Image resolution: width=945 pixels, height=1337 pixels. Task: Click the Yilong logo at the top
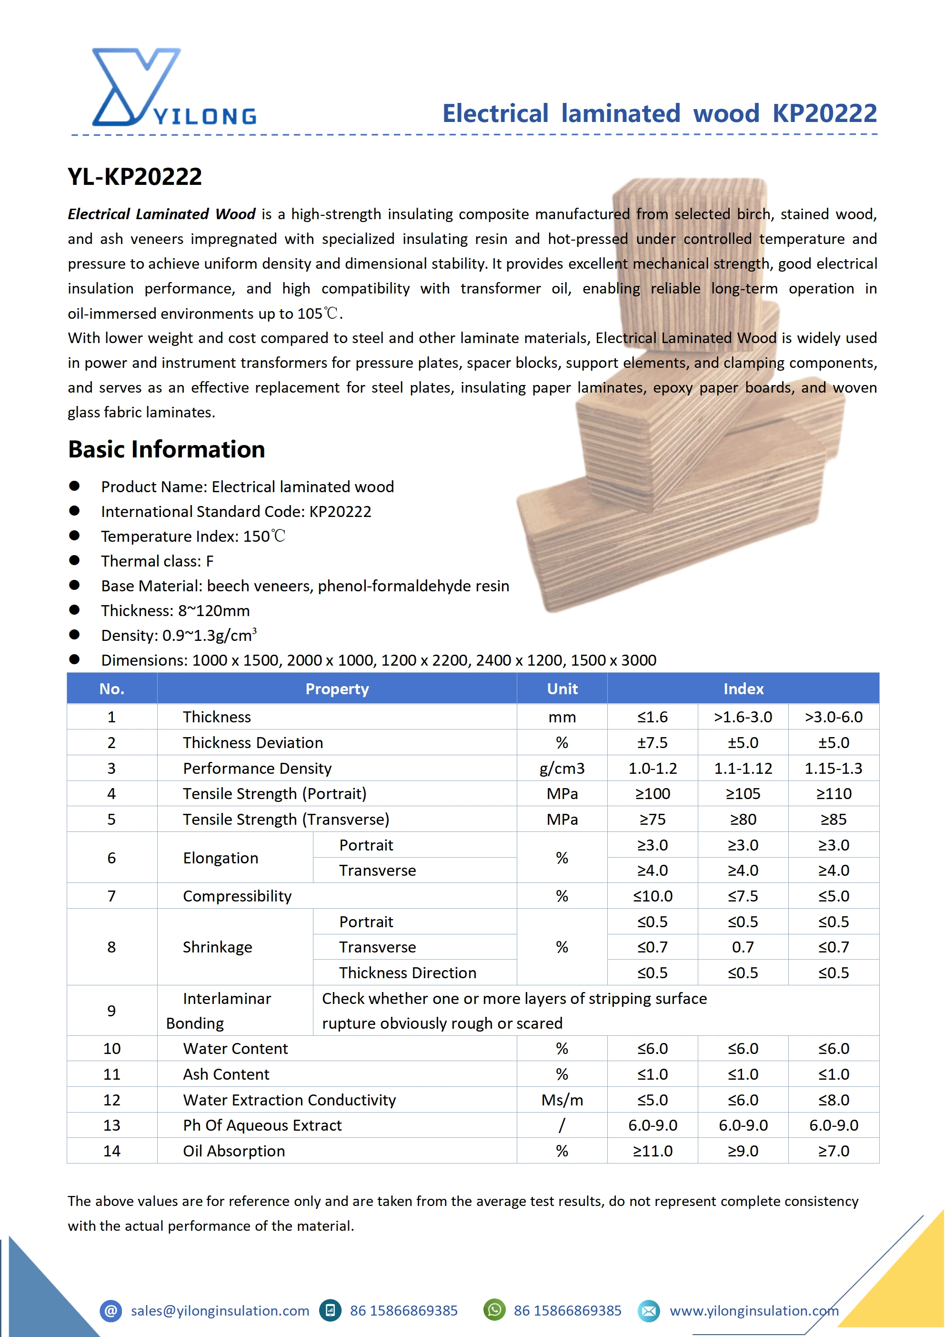[173, 87]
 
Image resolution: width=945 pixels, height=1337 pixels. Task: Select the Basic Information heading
[167, 449]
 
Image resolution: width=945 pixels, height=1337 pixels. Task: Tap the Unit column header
[562, 689]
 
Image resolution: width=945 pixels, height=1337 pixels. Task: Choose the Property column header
[337, 689]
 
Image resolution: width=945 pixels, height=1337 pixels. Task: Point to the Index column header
[743, 689]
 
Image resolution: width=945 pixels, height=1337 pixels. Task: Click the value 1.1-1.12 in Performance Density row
[743, 768]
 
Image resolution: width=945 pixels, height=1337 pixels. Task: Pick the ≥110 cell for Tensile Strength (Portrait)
[833, 794]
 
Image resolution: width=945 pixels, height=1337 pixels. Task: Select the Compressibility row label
[237, 896]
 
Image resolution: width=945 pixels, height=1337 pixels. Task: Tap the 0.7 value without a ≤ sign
[743, 947]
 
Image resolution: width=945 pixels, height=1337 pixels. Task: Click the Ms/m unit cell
[562, 1100]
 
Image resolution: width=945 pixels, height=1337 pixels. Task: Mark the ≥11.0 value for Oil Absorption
[652, 1151]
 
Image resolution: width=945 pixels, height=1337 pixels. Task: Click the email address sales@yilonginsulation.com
[220, 1311]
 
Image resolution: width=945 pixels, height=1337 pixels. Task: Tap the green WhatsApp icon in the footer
[494, 1310]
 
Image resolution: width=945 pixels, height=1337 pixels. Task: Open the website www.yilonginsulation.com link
[754, 1311]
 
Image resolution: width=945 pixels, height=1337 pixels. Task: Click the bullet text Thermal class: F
[157, 561]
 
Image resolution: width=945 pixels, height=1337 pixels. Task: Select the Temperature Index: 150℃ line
[193, 537]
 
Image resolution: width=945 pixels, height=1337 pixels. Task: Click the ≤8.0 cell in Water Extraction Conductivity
[833, 1100]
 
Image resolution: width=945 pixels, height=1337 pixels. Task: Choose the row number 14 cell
[112, 1151]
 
